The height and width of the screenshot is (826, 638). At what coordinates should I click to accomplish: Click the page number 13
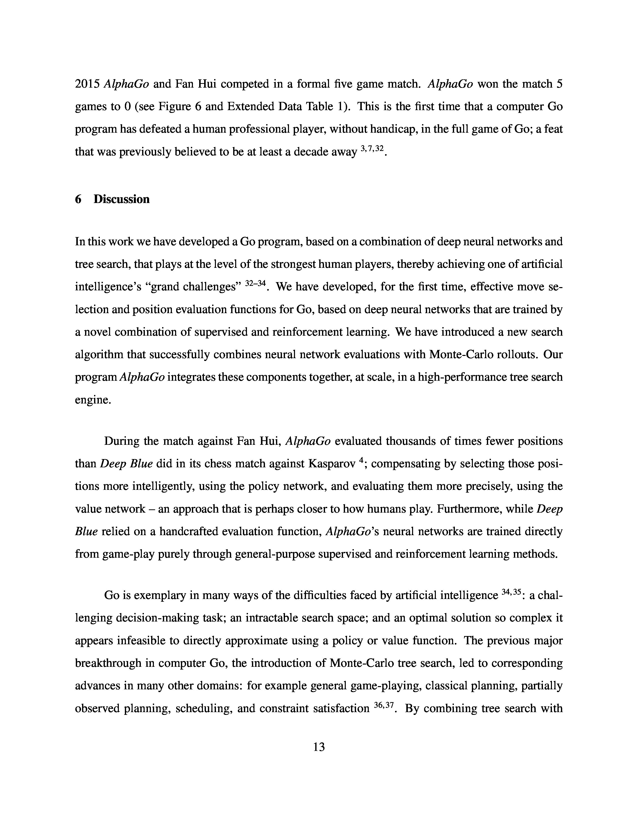319,747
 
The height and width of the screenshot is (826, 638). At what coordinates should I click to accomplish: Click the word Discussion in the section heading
121,199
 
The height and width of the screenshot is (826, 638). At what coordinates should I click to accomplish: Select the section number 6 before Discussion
78,199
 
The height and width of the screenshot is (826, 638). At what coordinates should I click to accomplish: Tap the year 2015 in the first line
87,84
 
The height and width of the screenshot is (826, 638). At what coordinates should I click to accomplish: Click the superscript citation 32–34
256,284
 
